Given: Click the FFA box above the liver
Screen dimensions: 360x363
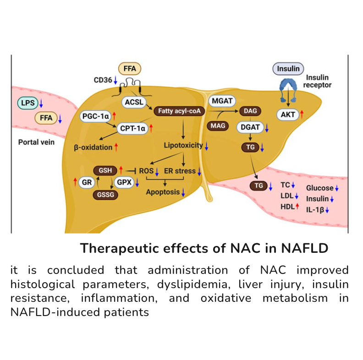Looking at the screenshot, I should pyautogui.click(x=130, y=69).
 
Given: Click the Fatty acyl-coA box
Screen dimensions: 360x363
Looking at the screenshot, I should pyautogui.click(x=179, y=110).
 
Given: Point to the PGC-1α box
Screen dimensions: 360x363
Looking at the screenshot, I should pyautogui.click(x=95, y=117).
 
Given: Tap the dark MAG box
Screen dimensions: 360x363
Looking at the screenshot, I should pyautogui.click(x=218, y=125).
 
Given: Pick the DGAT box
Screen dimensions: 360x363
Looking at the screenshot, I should pyautogui.click(x=249, y=129).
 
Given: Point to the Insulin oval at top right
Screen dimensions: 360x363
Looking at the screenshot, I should pyautogui.click(x=288, y=69).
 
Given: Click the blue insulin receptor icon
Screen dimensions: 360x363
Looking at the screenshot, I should pyautogui.click(x=288, y=85).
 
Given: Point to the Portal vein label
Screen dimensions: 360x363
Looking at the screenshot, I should pyautogui.click(x=36, y=142).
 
